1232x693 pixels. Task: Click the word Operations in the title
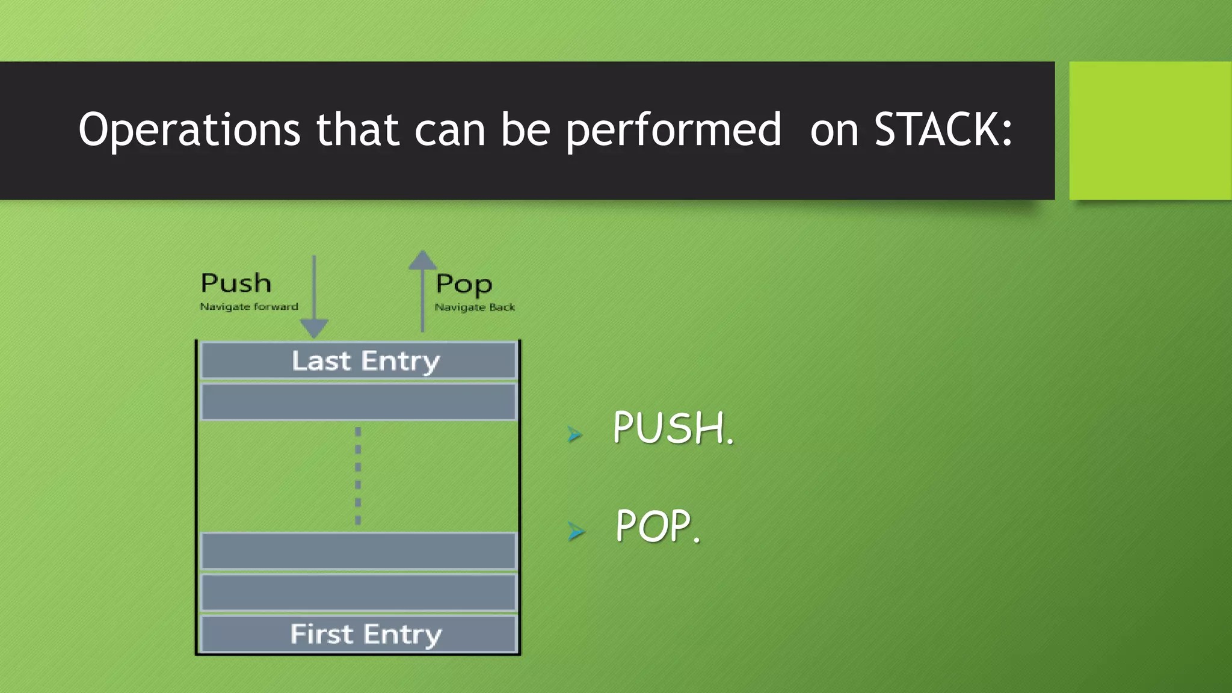coord(189,130)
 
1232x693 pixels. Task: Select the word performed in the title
coord(673,130)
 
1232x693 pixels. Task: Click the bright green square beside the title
coord(1150,130)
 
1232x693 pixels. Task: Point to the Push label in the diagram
coord(236,283)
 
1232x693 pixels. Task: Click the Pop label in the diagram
coord(464,285)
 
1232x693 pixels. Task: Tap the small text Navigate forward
coord(249,307)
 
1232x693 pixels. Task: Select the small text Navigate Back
coord(475,307)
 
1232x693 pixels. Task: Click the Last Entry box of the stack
coord(359,361)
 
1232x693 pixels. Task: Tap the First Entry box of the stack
coord(359,634)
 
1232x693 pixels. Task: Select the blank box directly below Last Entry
coord(359,402)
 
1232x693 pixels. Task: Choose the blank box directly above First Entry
coord(359,593)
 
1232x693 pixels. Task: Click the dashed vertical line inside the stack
coord(358,476)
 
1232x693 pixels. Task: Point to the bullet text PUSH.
coord(673,428)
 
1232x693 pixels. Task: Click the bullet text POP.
coord(658,526)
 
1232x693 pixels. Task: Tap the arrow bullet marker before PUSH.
coord(575,434)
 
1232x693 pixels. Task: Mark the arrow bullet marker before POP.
coord(576,531)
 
